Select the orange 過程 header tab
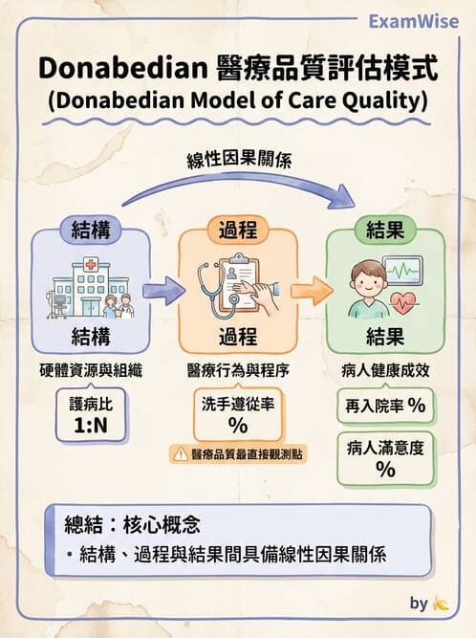point(238,230)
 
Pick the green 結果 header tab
point(386,230)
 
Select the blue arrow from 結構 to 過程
point(164,289)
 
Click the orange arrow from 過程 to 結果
point(309,289)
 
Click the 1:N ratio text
point(90,424)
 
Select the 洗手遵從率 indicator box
point(238,414)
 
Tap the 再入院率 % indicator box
point(385,405)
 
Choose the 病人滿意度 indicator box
point(385,456)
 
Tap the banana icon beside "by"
point(441,605)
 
